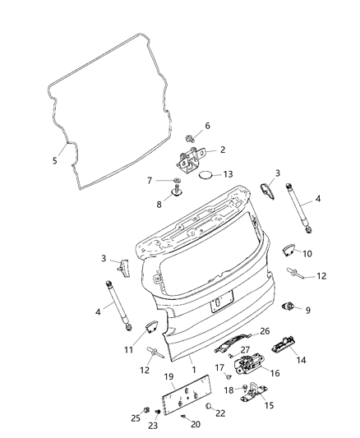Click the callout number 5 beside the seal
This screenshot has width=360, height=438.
click(55, 160)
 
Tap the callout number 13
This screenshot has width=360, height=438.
click(228, 173)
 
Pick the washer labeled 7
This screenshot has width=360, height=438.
click(177, 181)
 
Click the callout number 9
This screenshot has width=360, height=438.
click(308, 311)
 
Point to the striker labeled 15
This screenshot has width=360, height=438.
click(250, 394)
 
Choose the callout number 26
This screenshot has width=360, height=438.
click(265, 331)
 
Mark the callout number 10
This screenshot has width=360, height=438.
click(307, 254)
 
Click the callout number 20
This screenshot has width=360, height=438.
click(196, 424)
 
